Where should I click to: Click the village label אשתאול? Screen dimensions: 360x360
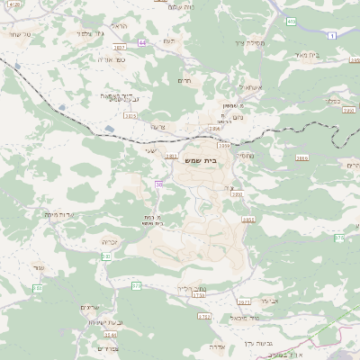pyautogui.click(x=249, y=87)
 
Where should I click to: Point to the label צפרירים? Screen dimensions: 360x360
pyautogui.click(x=105, y=348)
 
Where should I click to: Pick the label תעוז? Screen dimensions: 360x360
pyautogui.click(x=168, y=42)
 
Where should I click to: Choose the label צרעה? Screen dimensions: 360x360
pyautogui.click(x=159, y=127)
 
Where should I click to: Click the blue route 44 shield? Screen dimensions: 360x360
pyautogui.click(x=142, y=41)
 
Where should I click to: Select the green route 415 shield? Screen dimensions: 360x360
pyautogui.click(x=291, y=20)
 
